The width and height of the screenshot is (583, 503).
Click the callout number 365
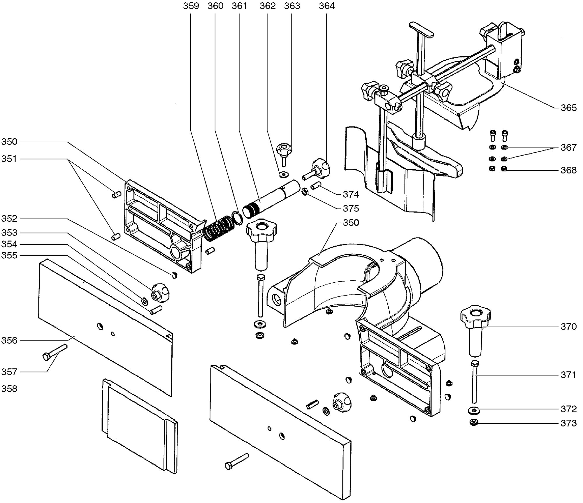(x=568, y=108)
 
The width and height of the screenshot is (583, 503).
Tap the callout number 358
(x=9, y=389)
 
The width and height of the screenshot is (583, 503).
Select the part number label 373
(x=568, y=423)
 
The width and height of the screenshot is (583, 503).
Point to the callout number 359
(x=191, y=6)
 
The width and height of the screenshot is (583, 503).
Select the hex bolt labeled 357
(x=55, y=352)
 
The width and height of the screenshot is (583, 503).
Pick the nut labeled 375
(x=305, y=192)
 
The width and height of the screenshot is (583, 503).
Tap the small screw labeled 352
(x=174, y=275)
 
